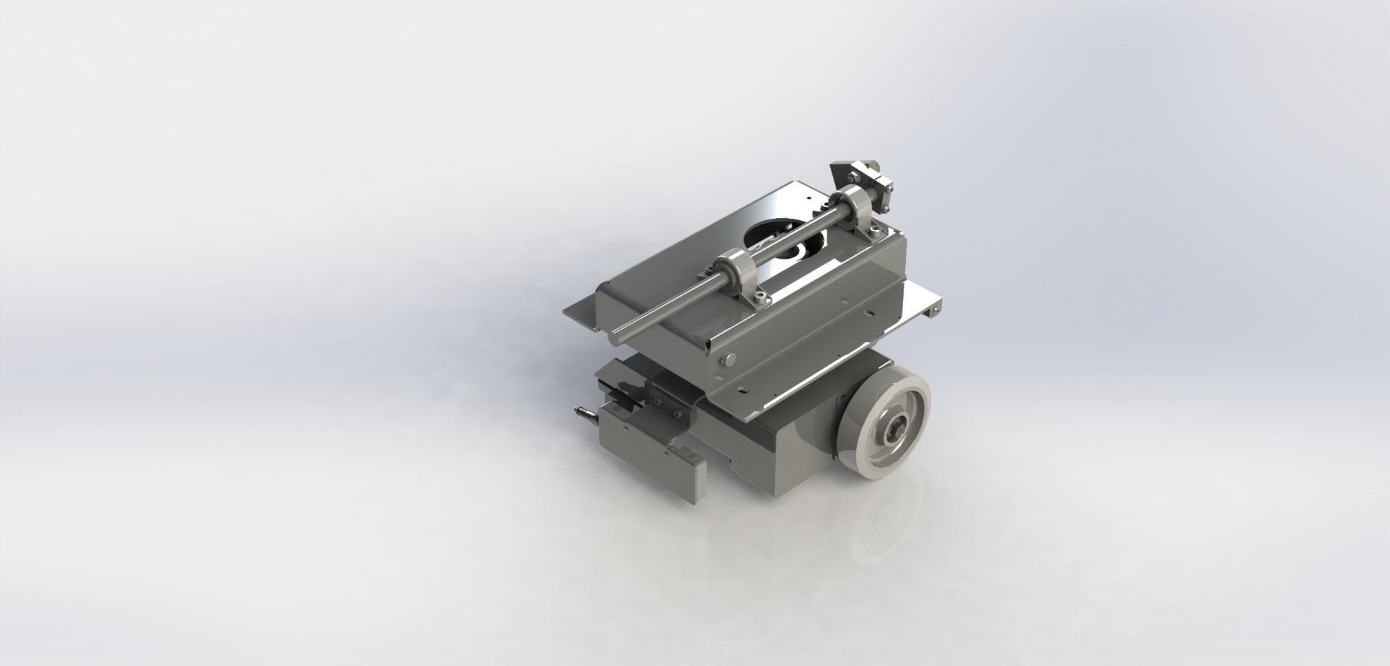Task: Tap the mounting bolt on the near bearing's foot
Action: (759, 297)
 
